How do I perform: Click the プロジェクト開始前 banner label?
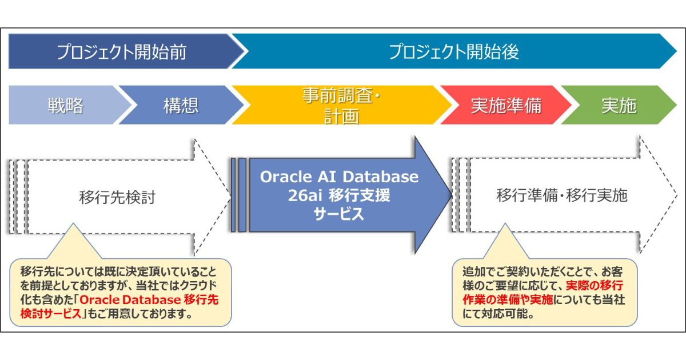(x=121, y=52)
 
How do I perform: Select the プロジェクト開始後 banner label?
(x=454, y=52)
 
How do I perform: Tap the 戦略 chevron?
(x=65, y=106)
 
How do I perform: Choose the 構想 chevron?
(x=181, y=106)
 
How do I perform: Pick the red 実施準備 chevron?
(x=506, y=106)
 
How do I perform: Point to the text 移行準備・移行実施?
(x=561, y=196)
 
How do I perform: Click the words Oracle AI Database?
(x=339, y=177)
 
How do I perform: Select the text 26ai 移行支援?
(x=339, y=195)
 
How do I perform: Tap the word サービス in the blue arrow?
(x=339, y=214)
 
